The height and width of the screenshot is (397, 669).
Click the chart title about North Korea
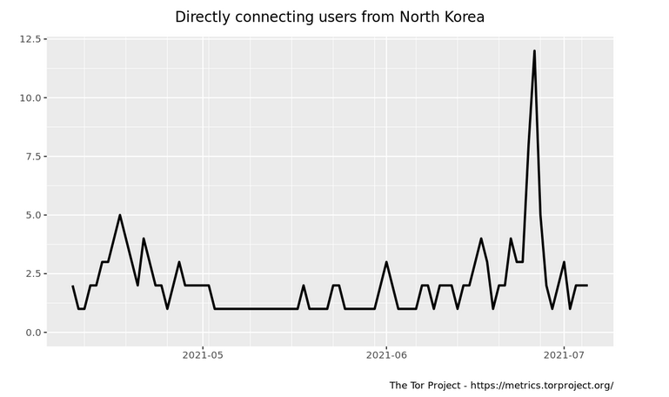pyautogui.click(x=330, y=17)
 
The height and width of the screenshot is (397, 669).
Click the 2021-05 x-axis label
pyautogui.click(x=203, y=355)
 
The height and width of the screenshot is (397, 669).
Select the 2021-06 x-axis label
pyautogui.click(x=386, y=355)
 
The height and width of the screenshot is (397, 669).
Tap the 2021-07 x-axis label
pyautogui.click(x=564, y=355)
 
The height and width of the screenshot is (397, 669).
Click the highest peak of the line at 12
pyautogui.click(x=534, y=50)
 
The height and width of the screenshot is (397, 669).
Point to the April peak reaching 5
pyautogui.click(x=120, y=215)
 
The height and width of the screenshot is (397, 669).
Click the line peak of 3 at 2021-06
pyautogui.click(x=386, y=262)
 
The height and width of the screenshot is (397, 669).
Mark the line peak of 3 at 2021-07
pyautogui.click(x=564, y=262)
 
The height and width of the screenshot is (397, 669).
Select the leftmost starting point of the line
pyautogui.click(x=72, y=286)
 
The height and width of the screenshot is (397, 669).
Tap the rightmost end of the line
pyautogui.click(x=587, y=286)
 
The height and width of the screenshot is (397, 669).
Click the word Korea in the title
pyautogui.click(x=462, y=17)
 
